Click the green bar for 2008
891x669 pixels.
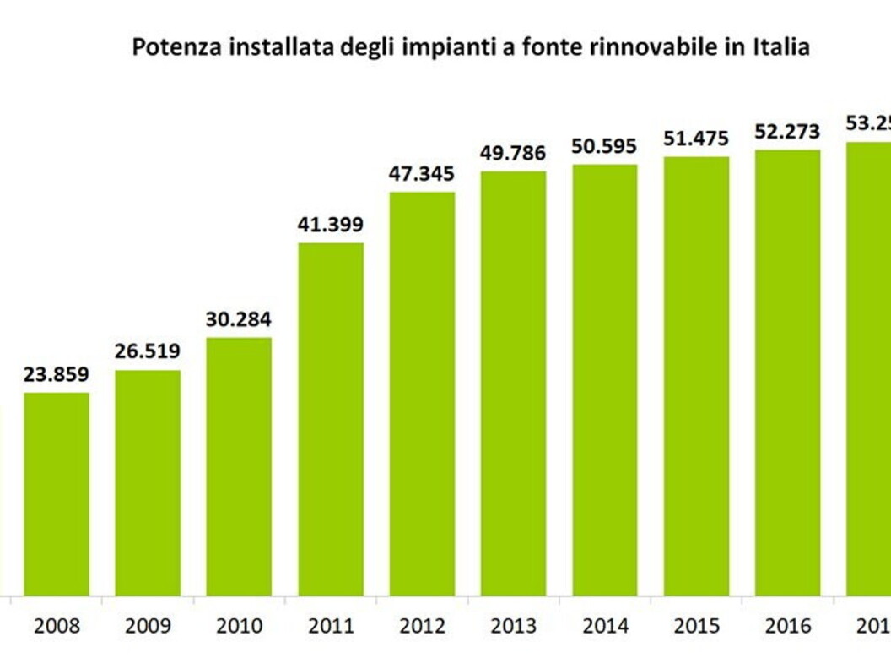pos(56,494)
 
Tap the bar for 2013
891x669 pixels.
pos(514,384)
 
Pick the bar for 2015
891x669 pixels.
pos(696,377)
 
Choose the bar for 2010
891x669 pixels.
pos(240,467)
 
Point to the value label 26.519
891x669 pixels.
pos(148,351)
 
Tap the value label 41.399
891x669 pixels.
pos(331,225)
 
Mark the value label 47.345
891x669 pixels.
pos(422,174)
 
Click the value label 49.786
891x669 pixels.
pos(514,153)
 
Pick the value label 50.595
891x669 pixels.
pos(605,146)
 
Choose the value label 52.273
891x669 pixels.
pos(787,132)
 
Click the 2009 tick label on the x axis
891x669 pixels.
pos(148,626)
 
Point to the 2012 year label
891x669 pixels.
pos(422,626)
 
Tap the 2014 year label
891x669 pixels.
pos(605,626)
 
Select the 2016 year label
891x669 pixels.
pos(787,626)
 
